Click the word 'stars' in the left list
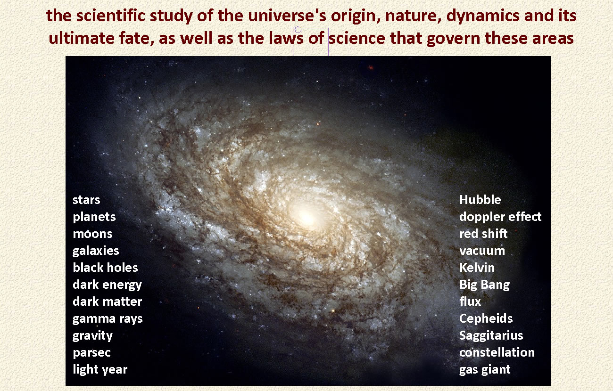point(86,200)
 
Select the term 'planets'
point(94,217)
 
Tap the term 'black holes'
point(105,268)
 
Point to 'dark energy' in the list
point(108,285)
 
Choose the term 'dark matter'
point(108,301)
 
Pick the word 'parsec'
point(91,353)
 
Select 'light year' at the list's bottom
point(100,370)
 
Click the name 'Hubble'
point(480,200)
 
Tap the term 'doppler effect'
point(500,217)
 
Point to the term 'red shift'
point(483,234)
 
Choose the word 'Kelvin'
point(477,268)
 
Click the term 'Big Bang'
point(485,285)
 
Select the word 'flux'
point(470,301)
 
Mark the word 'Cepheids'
point(486,319)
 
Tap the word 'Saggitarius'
point(491,336)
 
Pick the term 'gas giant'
point(485,370)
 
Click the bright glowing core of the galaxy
point(307,218)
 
